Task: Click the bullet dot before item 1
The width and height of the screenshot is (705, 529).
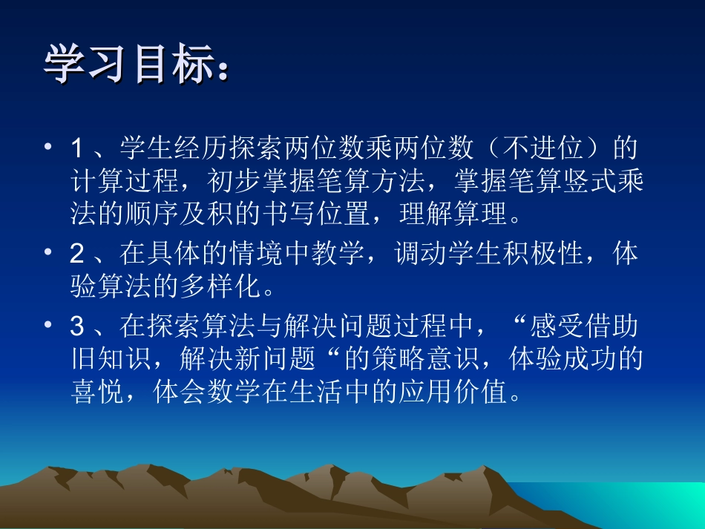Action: pos(50,148)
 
